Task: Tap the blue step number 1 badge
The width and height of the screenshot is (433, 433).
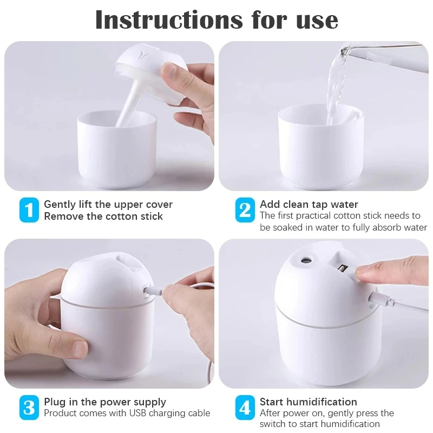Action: (29, 210)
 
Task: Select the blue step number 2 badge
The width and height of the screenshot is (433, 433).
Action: (245, 210)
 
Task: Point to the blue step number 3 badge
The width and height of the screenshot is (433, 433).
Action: (29, 408)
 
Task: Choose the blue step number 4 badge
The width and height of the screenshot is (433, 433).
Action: (245, 408)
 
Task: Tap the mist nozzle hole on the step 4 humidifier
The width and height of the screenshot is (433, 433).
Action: (306, 260)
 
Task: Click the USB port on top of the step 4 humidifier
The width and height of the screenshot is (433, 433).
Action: (343, 268)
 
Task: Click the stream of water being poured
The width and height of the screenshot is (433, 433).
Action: (336, 86)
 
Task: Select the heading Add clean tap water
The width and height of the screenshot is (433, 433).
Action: (309, 204)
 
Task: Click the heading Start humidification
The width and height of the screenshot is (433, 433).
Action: (308, 402)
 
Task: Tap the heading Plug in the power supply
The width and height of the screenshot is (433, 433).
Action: (105, 402)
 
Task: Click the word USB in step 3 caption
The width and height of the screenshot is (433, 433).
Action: (138, 413)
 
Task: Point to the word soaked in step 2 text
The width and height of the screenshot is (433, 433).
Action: (288, 227)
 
